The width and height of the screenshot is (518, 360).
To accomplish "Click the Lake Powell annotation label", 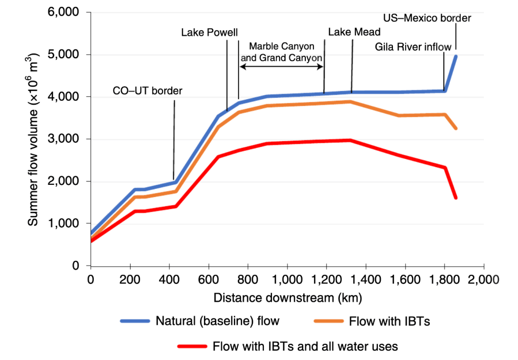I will [x=209, y=33].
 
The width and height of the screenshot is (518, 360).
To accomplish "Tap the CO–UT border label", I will [x=147, y=91].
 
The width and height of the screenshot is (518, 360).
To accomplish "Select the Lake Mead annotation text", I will [x=354, y=32].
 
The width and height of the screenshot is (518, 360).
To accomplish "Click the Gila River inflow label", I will [x=413, y=47].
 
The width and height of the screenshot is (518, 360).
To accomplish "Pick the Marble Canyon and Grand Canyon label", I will [x=282, y=52].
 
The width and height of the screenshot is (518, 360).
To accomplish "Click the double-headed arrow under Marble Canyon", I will [x=282, y=67].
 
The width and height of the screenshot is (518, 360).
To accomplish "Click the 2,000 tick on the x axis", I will [x=484, y=279].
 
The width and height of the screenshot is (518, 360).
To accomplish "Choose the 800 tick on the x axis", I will [x=248, y=279].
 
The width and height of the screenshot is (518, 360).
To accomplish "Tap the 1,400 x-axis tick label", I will [x=366, y=279].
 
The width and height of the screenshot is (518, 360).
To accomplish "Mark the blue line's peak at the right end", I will [x=456, y=56].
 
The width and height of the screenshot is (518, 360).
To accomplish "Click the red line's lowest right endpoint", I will [x=456, y=197].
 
